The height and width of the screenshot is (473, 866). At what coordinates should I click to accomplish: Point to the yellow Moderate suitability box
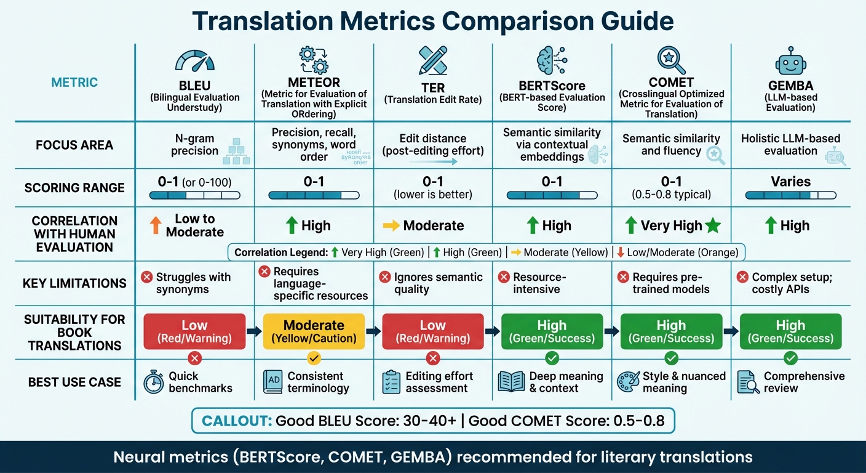314,331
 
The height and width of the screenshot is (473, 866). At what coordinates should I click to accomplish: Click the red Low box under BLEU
194,331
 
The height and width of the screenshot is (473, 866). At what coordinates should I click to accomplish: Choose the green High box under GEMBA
790,331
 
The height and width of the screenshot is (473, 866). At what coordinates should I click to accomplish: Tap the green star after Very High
713,226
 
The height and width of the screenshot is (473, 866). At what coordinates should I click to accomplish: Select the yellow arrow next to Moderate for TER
391,226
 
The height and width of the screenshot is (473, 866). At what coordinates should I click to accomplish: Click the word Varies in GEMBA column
790,182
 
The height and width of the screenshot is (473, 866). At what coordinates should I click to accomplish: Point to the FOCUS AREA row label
74,145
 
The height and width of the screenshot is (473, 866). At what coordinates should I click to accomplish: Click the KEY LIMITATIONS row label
74,283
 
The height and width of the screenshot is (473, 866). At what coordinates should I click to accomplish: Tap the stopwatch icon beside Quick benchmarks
153,382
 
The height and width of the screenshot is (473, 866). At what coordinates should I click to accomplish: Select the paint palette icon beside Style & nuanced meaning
627,382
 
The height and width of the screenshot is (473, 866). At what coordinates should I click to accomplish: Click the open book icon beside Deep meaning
510,382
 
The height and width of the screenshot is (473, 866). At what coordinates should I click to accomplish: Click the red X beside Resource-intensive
504,277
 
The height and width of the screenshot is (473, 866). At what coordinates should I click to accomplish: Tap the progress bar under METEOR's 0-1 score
314,195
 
